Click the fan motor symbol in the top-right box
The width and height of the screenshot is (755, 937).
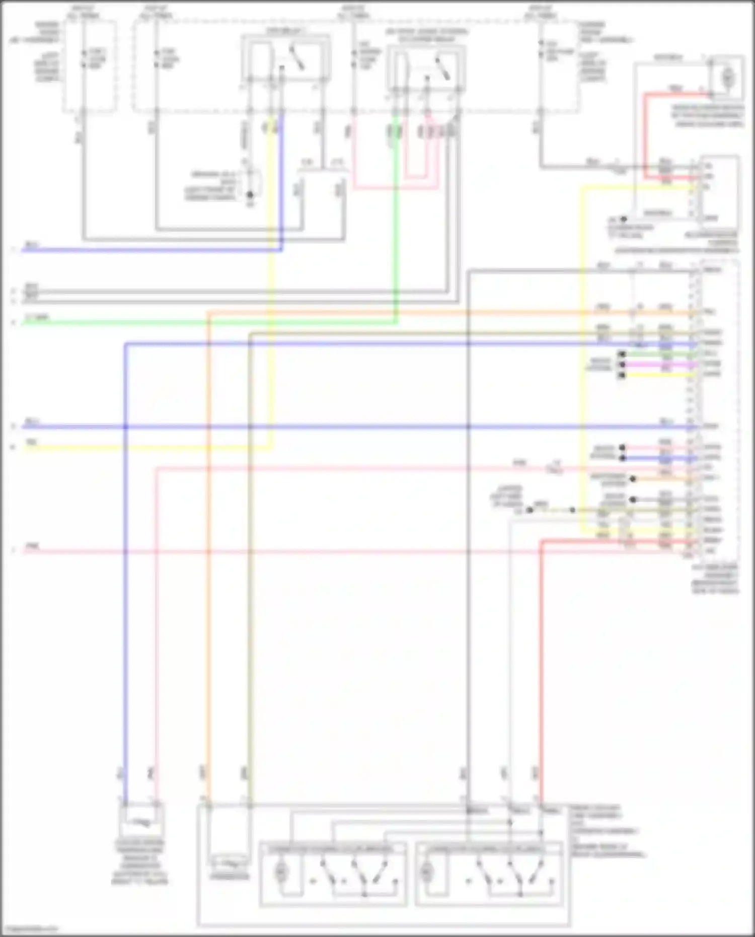[727, 77]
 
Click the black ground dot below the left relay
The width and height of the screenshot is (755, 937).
[250, 194]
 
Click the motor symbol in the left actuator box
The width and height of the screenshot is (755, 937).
[281, 873]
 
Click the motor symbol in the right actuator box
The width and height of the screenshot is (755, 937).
[427, 873]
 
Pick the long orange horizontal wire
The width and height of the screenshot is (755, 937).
[403, 313]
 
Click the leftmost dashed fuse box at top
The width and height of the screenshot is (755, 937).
[90, 65]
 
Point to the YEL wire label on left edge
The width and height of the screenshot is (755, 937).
[31, 442]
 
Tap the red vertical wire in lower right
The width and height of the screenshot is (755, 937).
[542, 655]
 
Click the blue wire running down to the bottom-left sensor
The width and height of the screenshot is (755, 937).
[126, 604]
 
